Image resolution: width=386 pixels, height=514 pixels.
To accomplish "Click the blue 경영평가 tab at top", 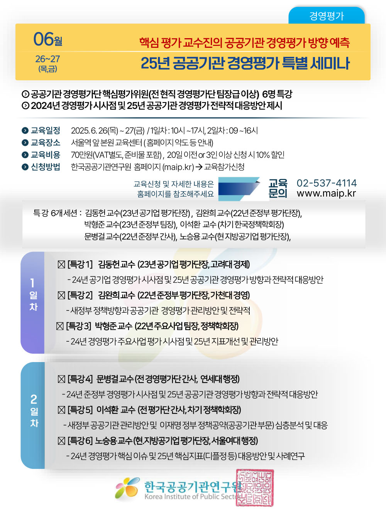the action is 326,15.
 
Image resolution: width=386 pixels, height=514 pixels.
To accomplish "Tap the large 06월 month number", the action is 48,39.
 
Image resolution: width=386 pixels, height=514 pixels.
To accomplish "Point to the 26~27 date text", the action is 47,59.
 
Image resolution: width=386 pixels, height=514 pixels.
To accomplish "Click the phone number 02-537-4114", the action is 327,183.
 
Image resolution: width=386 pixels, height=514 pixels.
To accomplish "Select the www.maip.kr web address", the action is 326,194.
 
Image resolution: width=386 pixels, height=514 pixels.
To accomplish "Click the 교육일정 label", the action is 46,130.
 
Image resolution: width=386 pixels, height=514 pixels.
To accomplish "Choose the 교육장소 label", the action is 46,143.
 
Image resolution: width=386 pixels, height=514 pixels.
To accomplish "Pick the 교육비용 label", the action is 46,155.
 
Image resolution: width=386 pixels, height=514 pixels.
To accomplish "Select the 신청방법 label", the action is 46,167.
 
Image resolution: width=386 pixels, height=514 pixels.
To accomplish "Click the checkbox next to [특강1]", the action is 61,265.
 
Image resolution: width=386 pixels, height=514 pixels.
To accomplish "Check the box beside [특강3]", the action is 60,326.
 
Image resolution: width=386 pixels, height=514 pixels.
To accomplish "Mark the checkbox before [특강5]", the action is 61,410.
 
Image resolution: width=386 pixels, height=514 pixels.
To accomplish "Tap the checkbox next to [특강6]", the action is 61,441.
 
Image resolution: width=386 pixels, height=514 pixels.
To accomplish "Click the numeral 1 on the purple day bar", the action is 32,283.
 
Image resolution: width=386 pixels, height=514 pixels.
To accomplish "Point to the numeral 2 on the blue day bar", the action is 34,399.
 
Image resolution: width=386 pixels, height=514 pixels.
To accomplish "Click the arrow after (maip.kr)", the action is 199,167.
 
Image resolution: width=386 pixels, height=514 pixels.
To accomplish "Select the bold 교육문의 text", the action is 278,189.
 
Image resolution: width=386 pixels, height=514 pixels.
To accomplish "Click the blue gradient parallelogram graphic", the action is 239,189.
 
